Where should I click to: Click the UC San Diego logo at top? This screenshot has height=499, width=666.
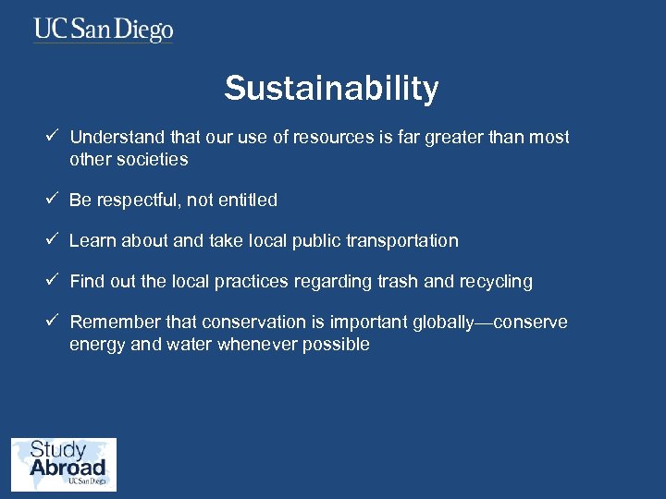point(104,30)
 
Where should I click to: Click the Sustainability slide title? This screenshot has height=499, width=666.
point(331,89)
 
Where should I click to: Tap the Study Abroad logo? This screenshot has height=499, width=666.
point(64,464)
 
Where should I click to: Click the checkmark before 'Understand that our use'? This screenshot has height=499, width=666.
point(55,137)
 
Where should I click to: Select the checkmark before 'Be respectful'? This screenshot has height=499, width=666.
point(55,200)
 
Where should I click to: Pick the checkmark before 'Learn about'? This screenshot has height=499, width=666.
point(55,240)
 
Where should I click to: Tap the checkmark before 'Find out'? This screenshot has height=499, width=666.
point(55,281)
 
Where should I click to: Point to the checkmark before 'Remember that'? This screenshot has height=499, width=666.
point(55,322)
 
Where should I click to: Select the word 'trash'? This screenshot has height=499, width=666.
point(400,282)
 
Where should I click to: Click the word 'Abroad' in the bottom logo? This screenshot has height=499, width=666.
point(68,468)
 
